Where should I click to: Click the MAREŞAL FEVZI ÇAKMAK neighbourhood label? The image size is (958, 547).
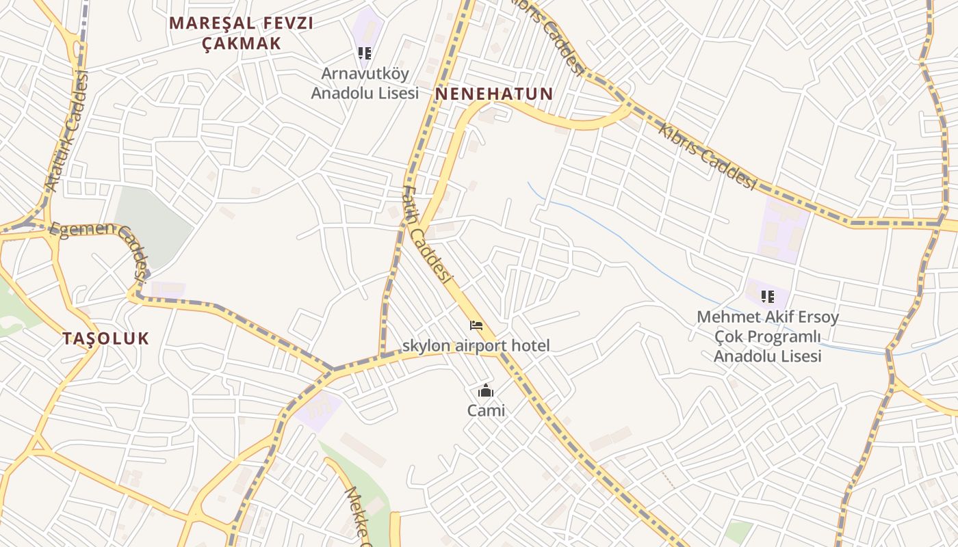(241, 33)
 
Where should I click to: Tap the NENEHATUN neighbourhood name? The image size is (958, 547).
(494, 94)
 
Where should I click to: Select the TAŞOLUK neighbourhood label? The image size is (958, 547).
(105, 338)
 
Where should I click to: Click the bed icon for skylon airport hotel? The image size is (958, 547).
(476, 325)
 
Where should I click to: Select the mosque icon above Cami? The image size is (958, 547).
(486, 391)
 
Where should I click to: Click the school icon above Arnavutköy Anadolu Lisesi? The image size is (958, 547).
(365, 53)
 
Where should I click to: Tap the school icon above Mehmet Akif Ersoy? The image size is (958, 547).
(768, 297)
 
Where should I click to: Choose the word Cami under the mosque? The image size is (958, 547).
(486, 411)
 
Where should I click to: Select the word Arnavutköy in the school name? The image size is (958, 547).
(365, 73)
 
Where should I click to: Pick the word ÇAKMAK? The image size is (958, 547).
(241, 43)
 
